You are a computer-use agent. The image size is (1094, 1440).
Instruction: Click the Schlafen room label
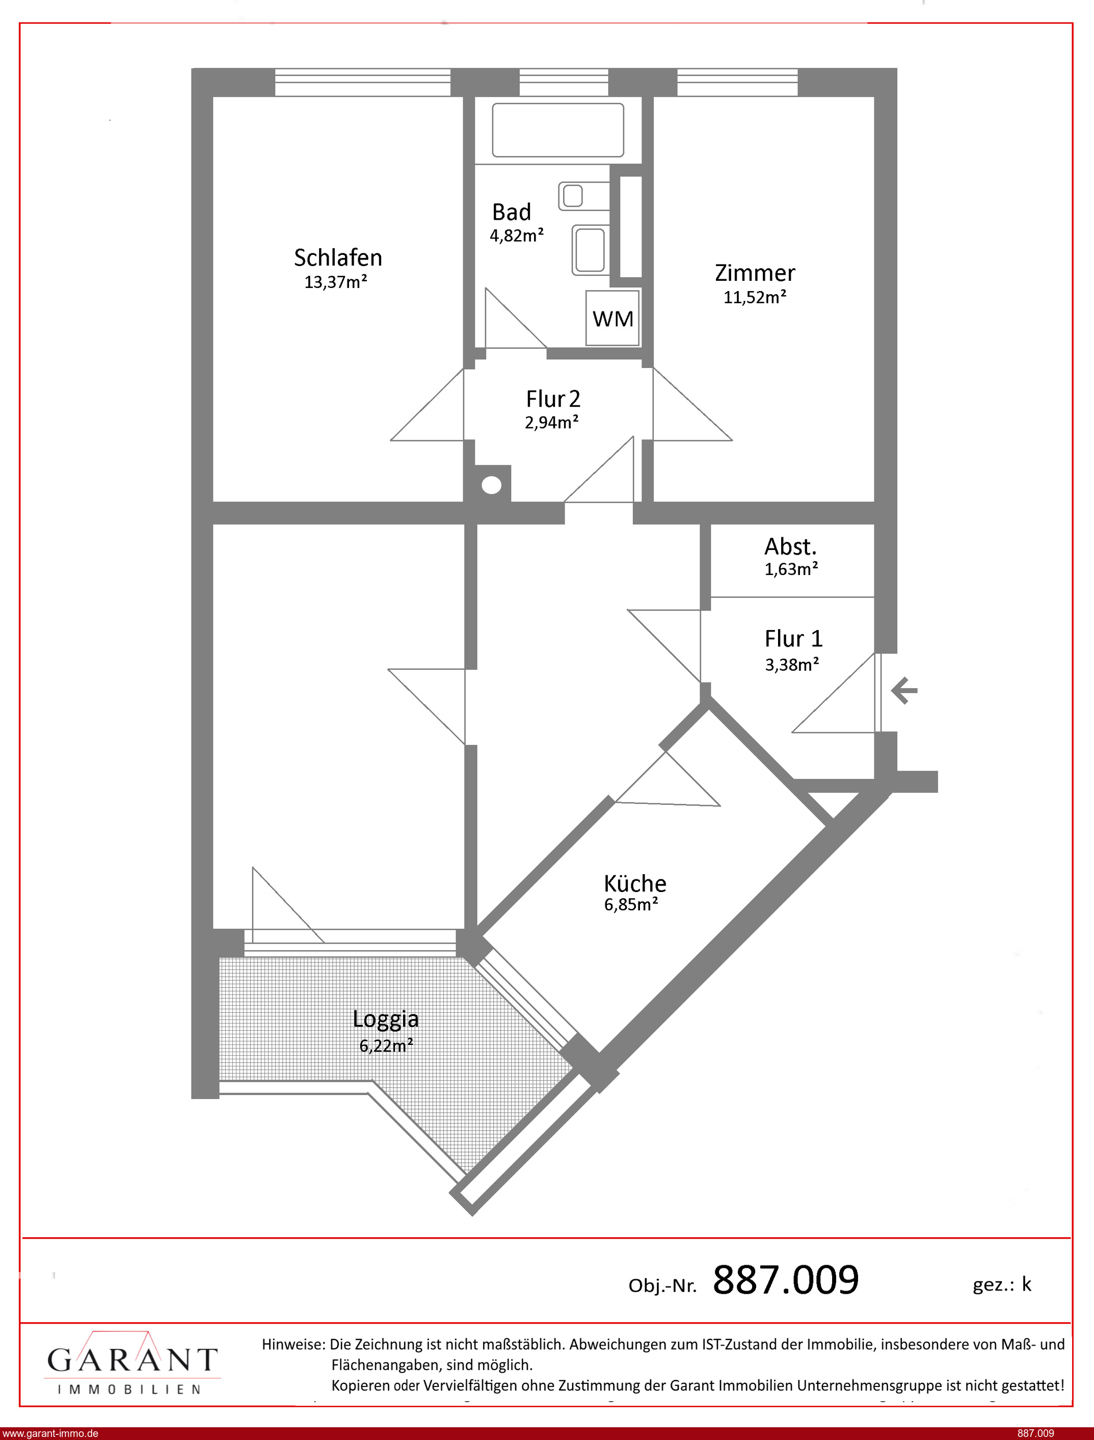(x=338, y=258)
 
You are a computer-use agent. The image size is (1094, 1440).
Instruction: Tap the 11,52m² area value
(x=755, y=297)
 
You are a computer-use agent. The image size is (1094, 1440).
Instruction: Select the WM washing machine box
(x=613, y=318)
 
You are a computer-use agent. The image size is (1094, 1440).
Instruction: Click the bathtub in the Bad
(x=558, y=129)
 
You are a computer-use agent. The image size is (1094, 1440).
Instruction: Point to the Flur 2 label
(x=553, y=399)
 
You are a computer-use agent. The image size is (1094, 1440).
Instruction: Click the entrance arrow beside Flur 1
(x=904, y=690)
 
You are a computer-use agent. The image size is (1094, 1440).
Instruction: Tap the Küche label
(x=635, y=884)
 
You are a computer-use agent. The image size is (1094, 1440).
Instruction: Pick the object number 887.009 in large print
(x=786, y=1280)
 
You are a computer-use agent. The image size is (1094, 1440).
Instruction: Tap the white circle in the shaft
(x=492, y=485)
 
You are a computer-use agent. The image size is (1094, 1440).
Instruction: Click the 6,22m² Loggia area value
(x=386, y=1046)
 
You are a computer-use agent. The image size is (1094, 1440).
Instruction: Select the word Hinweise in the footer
(x=293, y=1344)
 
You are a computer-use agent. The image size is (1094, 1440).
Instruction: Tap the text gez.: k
(x=1002, y=1285)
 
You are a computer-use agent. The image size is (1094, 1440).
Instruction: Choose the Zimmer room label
(x=755, y=273)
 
